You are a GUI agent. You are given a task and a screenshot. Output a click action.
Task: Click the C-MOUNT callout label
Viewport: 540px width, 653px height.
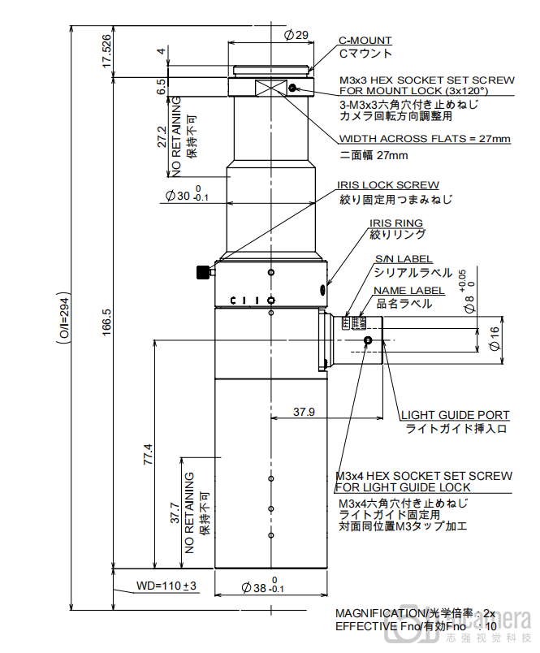click(365, 41)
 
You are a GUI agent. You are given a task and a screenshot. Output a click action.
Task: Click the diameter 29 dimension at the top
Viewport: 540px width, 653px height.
click(296, 35)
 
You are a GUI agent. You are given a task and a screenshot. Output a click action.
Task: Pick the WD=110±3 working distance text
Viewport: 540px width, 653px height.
click(166, 585)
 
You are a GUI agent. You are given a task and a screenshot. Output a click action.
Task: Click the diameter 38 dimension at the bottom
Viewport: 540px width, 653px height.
click(265, 587)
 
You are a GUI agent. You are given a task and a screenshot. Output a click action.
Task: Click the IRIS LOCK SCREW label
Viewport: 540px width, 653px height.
click(388, 185)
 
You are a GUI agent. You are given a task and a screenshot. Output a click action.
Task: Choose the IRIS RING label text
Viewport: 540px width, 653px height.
click(396, 223)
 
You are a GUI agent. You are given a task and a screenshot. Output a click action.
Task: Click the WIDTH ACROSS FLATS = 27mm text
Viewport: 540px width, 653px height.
click(425, 139)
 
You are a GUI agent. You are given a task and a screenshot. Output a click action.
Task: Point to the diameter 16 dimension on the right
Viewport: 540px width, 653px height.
click(495, 342)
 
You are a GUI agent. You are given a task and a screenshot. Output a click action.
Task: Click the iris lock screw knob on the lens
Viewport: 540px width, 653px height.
click(201, 272)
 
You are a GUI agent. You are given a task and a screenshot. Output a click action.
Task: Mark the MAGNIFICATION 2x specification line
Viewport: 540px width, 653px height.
click(415, 613)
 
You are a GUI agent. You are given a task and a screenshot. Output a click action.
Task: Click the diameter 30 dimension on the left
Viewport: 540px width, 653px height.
click(186, 195)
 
